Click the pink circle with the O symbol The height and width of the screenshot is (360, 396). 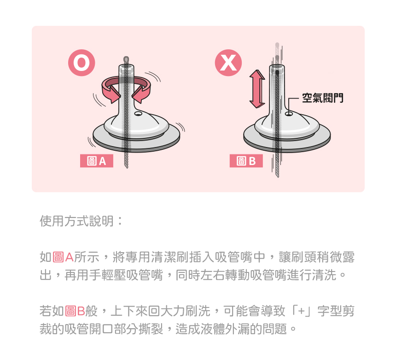point(82,63)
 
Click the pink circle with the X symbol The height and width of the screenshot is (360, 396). point(228,63)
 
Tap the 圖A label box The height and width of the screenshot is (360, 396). point(97,161)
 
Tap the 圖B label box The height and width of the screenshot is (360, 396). point(246,161)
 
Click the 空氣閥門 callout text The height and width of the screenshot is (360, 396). point(323,98)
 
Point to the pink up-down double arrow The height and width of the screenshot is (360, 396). point(257,89)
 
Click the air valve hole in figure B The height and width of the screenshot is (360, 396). point(289,114)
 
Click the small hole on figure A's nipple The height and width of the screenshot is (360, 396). point(138,113)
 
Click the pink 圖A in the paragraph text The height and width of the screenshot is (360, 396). point(63,257)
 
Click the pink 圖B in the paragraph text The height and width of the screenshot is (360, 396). point(75,311)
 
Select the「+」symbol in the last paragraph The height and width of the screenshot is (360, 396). point(302,311)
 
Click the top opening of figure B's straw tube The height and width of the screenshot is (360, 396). point(277,67)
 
